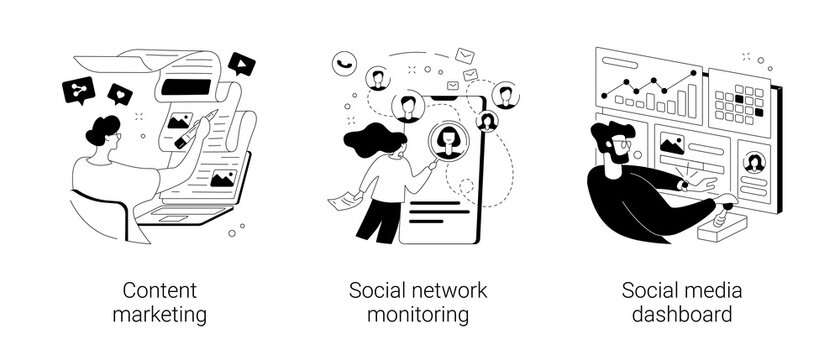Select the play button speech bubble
240,64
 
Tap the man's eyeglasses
622,144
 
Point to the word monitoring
420,316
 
